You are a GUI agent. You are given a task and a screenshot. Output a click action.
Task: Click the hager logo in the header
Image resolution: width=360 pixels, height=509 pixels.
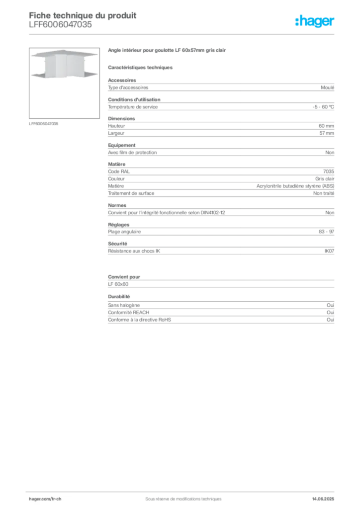pos(315,21)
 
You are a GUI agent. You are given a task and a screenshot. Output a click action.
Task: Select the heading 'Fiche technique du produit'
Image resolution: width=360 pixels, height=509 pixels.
pos(83,15)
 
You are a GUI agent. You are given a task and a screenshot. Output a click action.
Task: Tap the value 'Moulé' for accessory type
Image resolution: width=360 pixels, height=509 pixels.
pos(327,87)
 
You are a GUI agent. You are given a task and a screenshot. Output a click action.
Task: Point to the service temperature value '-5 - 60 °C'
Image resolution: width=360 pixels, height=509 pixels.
pos(323,107)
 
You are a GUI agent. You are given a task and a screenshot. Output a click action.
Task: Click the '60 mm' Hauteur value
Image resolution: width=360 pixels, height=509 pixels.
pos(326,126)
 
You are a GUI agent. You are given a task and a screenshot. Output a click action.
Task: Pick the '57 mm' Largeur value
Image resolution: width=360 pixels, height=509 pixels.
pos(327,133)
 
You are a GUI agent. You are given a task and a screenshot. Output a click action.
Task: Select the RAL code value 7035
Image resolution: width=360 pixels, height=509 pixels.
pos(329,171)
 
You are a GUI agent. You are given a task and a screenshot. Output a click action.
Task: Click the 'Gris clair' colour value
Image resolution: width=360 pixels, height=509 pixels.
pos(325,179)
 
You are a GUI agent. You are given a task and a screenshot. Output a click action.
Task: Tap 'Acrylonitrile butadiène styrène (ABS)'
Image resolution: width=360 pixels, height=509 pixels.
pos(295,186)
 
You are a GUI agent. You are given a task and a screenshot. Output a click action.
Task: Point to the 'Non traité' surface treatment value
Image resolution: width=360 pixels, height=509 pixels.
pos(324,193)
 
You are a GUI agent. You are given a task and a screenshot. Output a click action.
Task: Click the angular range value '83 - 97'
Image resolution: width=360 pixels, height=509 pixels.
pos(326,232)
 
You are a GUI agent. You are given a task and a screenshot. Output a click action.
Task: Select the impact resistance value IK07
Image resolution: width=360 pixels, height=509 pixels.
pos(329,251)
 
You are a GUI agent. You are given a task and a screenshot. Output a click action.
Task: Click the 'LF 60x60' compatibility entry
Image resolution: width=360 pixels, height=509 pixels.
pos(118,284)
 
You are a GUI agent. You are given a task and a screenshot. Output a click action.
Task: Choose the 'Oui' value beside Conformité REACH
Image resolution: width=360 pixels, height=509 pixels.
pos(330,313)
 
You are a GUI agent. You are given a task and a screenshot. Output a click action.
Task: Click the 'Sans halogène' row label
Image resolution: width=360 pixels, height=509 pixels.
pos(124,305)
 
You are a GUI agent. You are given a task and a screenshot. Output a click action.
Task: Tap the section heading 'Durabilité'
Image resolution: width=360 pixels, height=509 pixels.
pos(119,297)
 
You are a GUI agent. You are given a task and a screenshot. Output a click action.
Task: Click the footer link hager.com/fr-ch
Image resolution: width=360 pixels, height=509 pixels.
pos(45,499)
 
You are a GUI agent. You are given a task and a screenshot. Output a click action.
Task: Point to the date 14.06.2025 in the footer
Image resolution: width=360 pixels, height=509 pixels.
pos(323,499)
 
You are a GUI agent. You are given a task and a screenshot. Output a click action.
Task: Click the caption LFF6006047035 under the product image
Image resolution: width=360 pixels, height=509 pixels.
pos(43,124)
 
